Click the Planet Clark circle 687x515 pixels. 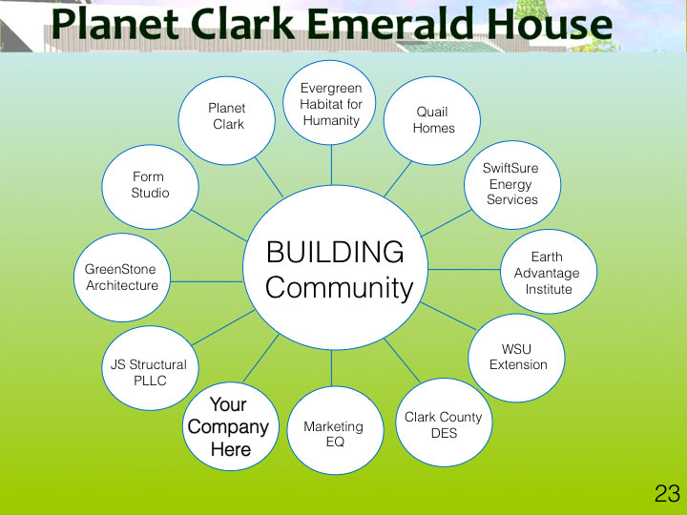pos(227,120)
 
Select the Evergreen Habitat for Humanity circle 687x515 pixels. pos(329,102)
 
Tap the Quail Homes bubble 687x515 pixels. pos(432,120)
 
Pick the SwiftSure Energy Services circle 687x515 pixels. pos(512,184)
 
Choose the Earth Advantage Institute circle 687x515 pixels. pos(549,272)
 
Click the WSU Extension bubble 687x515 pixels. pos(516,358)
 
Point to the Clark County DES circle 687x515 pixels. pos(444,422)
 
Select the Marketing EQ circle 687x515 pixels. pos(336,430)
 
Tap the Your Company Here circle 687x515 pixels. pos(231,426)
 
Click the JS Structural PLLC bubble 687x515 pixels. pos(151,368)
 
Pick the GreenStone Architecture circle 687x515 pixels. pos(122,278)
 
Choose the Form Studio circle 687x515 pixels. pos(151,187)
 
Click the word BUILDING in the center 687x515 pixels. pos(335,252)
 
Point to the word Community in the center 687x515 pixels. pos(339,288)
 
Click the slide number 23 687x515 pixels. pos(667,494)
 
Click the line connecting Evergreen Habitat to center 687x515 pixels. pos(332,165)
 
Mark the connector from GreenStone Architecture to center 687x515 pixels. pos(207,281)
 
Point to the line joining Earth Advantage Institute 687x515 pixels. pos(465,269)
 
